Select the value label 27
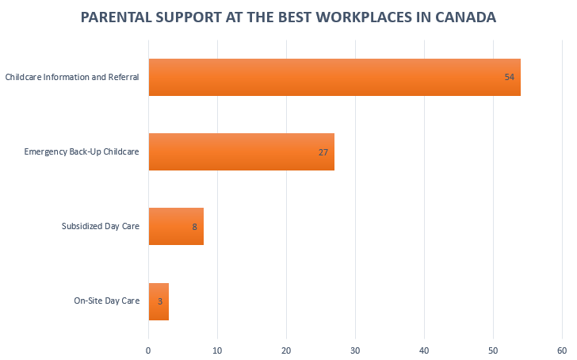click(x=323, y=151)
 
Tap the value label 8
click(x=194, y=227)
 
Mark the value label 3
click(x=159, y=301)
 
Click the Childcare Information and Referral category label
click(x=72, y=77)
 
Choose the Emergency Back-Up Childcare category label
click(x=82, y=151)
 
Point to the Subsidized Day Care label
click(x=101, y=227)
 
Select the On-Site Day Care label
click(x=107, y=301)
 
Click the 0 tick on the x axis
click(x=149, y=350)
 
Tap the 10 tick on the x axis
click(x=217, y=350)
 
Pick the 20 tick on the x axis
click(x=286, y=350)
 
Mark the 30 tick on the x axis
click(x=355, y=350)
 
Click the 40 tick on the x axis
click(x=424, y=350)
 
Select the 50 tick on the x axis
click(x=493, y=350)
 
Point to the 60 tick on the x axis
click(x=562, y=350)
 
